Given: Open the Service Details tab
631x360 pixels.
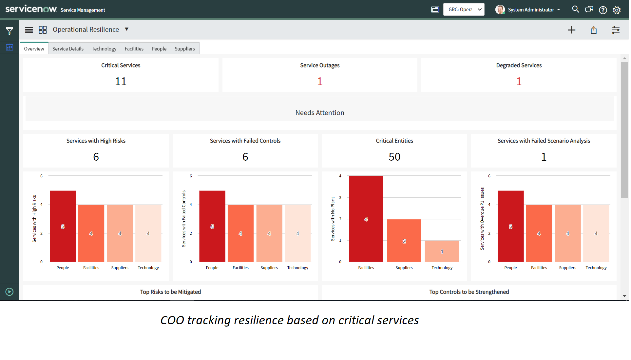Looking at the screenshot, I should [68, 49].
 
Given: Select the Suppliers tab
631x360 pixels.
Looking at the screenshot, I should [184, 49].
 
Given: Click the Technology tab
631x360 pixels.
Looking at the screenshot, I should [104, 49].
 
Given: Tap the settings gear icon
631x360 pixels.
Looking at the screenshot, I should [617, 10].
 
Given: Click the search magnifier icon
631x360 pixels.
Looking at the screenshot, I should [575, 10].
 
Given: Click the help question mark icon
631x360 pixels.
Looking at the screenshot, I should [603, 10].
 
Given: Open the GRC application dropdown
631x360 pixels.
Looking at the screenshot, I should [464, 10].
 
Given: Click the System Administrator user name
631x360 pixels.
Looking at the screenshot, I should [531, 10].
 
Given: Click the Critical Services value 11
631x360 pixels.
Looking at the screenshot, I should [121, 81].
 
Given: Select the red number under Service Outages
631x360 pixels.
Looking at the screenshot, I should [320, 81].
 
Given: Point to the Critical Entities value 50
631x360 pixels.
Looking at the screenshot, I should [394, 157].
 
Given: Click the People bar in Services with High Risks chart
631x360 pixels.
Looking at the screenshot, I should [63, 226].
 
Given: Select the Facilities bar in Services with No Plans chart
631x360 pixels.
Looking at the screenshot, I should [366, 219].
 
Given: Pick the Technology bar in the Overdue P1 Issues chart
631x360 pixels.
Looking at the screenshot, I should [596, 233].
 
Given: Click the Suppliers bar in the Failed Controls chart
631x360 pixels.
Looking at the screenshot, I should [269, 233].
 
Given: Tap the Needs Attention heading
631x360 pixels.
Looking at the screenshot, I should [320, 113].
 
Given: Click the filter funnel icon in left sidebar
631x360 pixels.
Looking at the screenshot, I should [10, 31].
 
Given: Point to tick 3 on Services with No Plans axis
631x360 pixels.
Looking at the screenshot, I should [340, 197].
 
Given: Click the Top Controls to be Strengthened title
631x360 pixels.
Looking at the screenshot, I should [469, 292].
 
